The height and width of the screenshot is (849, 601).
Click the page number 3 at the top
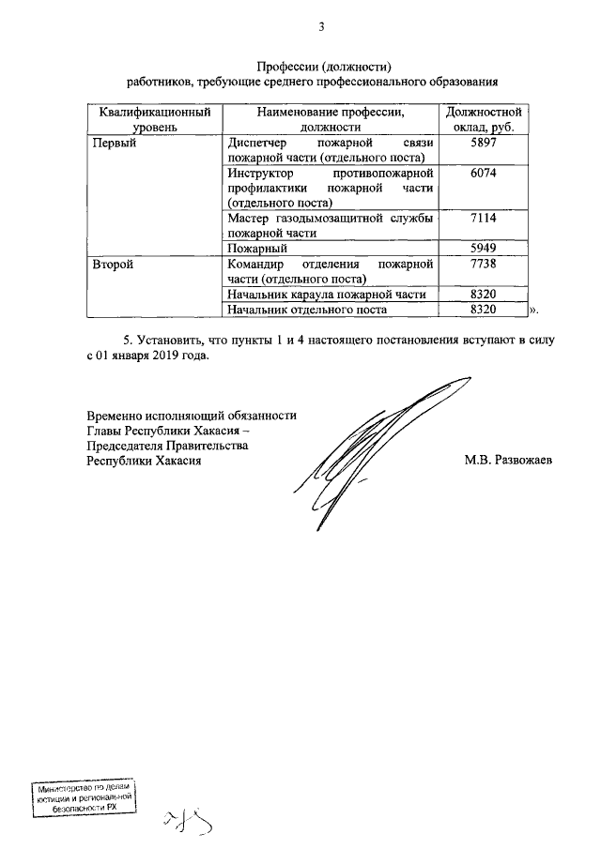pyautogui.click(x=321, y=26)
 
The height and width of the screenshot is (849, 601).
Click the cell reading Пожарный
pyautogui.click(x=256, y=249)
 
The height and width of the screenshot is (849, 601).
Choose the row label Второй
pyautogui.click(x=114, y=264)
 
